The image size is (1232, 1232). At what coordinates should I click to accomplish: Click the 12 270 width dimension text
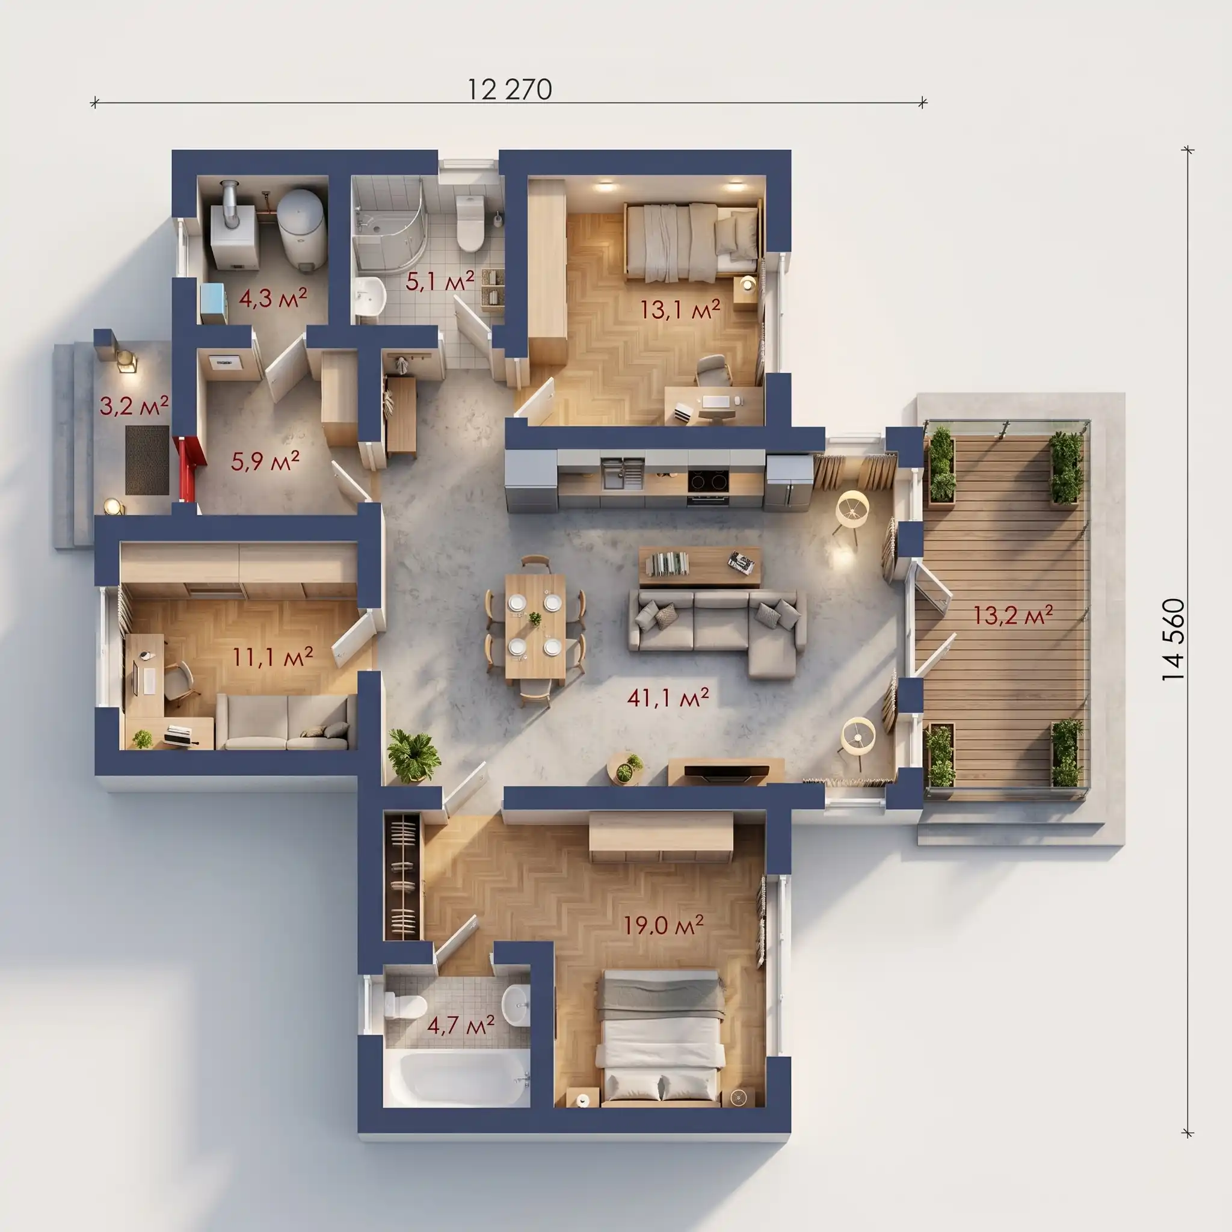510,90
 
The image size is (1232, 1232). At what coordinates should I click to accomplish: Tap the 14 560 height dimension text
1173,639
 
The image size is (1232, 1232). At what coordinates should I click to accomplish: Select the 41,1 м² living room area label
668,697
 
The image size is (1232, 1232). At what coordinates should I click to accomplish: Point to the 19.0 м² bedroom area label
663,924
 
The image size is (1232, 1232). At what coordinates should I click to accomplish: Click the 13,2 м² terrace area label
1012,615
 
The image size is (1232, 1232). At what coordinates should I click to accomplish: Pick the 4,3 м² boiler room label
273,297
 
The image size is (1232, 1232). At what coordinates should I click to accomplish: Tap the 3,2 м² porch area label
134,405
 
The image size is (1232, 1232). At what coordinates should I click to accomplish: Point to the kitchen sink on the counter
622,472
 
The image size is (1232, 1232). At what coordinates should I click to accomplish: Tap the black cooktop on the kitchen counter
708,479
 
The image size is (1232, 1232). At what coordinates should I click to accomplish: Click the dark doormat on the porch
147,460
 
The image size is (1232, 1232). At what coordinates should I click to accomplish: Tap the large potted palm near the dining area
414,756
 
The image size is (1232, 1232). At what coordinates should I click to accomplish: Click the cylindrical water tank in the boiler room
303,226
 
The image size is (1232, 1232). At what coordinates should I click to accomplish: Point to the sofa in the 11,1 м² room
286,721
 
